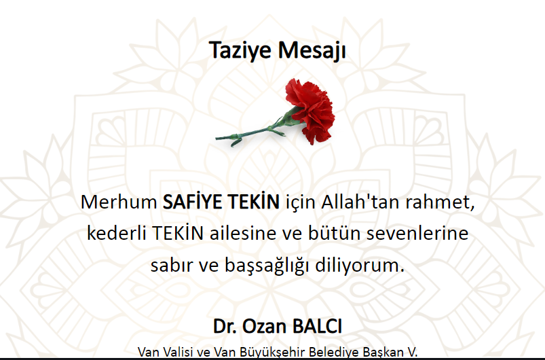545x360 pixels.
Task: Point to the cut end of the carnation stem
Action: (217, 139)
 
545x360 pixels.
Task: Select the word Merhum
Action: (119, 202)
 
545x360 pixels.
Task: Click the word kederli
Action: (116, 233)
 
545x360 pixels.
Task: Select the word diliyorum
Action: (360, 266)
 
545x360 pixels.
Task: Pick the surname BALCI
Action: (318, 327)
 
